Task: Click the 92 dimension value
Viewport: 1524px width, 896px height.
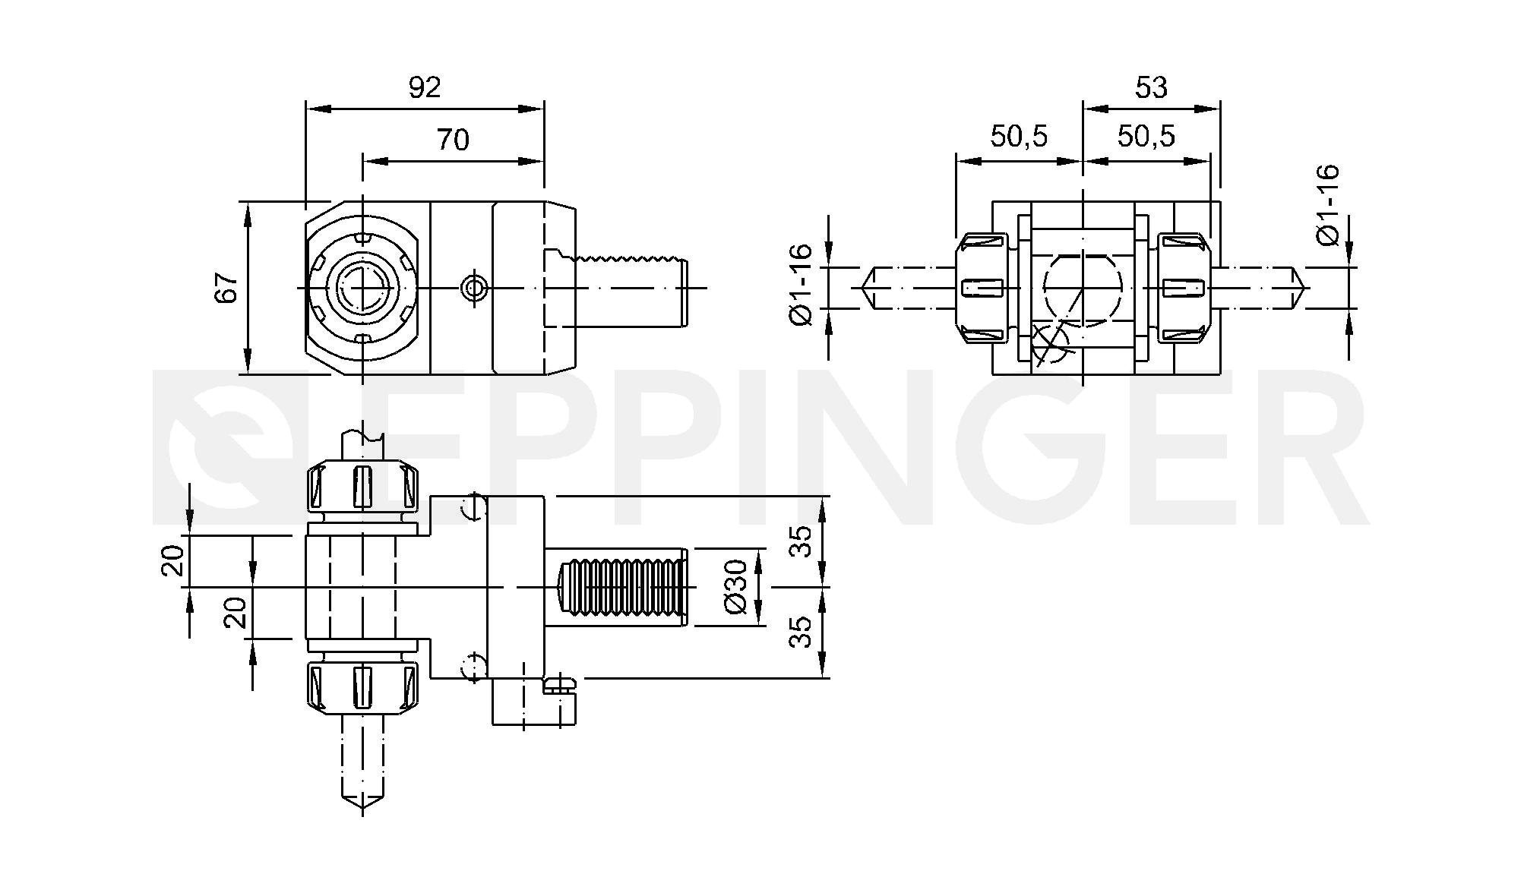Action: (x=425, y=88)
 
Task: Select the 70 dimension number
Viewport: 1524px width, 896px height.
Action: (x=453, y=140)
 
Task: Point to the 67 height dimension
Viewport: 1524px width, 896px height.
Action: (x=226, y=287)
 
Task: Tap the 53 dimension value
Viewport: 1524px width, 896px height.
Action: (x=1151, y=88)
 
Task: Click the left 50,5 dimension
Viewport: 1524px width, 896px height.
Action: (x=1019, y=137)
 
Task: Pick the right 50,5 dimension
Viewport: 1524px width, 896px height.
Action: (x=1146, y=137)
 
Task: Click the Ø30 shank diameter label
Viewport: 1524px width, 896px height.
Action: (x=736, y=587)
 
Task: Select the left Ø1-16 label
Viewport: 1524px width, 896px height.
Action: (x=802, y=285)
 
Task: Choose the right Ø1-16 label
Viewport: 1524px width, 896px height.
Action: (x=1328, y=205)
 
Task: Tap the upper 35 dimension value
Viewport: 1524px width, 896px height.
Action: (x=800, y=541)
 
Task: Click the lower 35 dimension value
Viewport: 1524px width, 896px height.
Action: (x=800, y=632)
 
